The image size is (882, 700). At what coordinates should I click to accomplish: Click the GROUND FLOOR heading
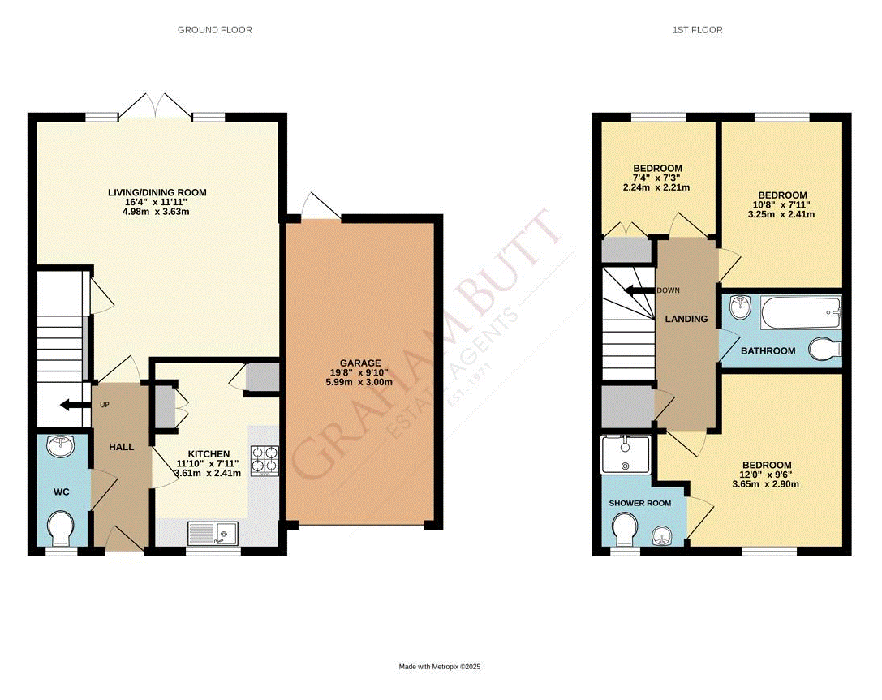[215, 30]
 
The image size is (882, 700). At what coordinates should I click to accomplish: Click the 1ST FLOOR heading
[697, 30]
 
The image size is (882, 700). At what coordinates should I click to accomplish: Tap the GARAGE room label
[361, 363]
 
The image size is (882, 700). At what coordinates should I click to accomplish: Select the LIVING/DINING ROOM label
[157, 193]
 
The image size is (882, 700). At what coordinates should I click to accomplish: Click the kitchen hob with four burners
[265, 460]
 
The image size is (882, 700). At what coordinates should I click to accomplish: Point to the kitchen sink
[212, 533]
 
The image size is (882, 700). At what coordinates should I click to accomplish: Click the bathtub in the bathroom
[800, 312]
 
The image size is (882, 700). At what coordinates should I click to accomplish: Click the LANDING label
[686, 319]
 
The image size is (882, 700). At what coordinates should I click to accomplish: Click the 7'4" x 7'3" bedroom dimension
[657, 178]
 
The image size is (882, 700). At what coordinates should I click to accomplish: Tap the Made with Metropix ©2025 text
[440, 667]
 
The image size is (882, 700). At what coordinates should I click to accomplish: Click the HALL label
[122, 447]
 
